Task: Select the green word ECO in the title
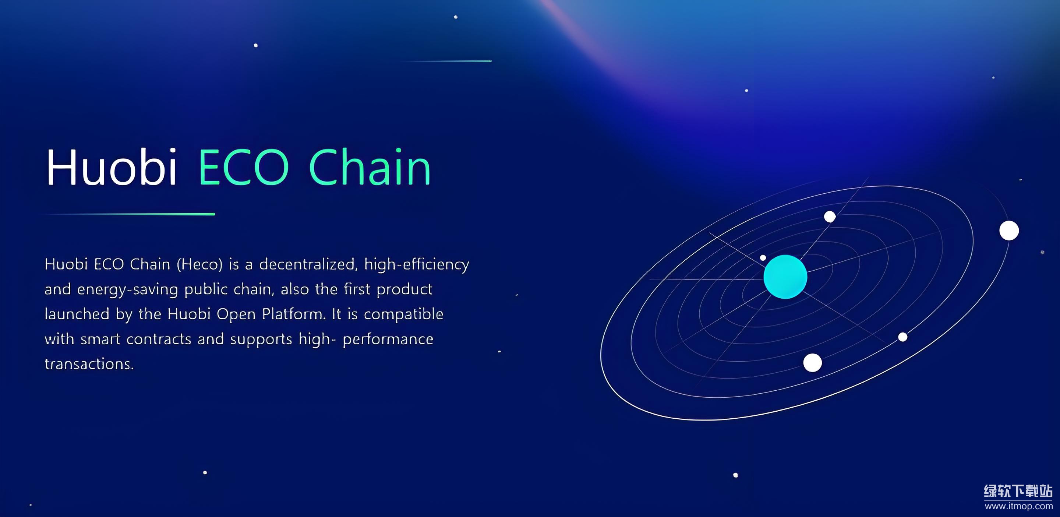(x=244, y=167)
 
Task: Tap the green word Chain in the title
(x=370, y=167)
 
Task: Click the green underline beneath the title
(x=130, y=214)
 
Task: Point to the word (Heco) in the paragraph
(x=199, y=264)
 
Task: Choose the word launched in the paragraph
(x=77, y=314)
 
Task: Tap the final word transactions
(x=89, y=364)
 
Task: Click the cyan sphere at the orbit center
(x=785, y=277)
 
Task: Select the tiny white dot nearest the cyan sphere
(x=763, y=258)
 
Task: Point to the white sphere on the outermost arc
(x=1009, y=230)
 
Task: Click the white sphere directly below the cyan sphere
(x=813, y=363)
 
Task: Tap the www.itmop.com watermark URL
(x=1018, y=506)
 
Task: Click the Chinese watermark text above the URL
(x=1018, y=491)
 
